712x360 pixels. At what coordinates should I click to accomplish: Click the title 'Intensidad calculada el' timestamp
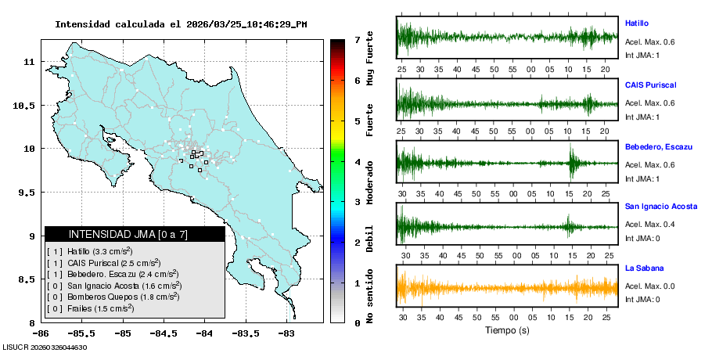[181, 23]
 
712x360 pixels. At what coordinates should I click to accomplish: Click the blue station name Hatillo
[637, 23]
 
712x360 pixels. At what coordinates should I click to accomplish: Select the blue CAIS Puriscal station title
[650, 85]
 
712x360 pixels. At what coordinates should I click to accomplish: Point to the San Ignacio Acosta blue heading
[661, 207]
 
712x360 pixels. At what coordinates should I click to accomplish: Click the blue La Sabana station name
[643, 268]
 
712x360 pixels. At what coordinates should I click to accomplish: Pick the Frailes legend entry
[91, 308]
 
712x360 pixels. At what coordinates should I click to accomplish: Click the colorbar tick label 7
[357, 39]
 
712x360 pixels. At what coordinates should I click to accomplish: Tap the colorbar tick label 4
[357, 161]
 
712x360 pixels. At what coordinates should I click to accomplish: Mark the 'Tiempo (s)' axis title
[508, 329]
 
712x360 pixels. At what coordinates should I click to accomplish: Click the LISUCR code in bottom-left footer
[44, 347]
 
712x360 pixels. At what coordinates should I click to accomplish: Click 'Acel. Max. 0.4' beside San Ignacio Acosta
[649, 225]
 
